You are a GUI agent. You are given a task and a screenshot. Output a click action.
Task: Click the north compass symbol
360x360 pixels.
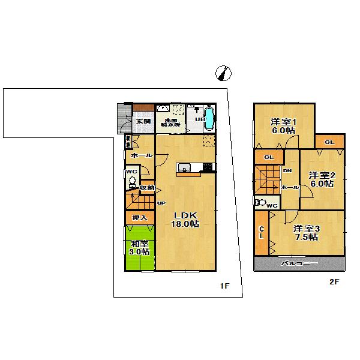click(x=223, y=73)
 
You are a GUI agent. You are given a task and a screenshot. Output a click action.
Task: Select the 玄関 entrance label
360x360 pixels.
click(x=142, y=122)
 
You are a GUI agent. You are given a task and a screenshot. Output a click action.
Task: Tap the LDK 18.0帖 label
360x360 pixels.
click(x=186, y=220)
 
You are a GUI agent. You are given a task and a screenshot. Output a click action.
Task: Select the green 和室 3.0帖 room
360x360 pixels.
click(x=140, y=248)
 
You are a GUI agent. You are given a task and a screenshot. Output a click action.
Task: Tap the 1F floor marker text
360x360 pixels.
click(x=224, y=286)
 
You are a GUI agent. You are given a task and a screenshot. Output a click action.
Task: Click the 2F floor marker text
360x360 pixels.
click(x=333, y=281)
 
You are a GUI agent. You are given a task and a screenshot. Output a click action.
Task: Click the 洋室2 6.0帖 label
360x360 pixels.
click(x=321, y=179)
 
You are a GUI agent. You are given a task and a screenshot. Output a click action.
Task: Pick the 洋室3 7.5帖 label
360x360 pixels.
click(x=306, y=232)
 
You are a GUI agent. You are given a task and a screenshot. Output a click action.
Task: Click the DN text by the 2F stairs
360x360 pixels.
click(x=287, y=170)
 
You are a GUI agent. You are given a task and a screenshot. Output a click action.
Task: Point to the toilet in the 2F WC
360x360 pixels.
click(x=260, y=203)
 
